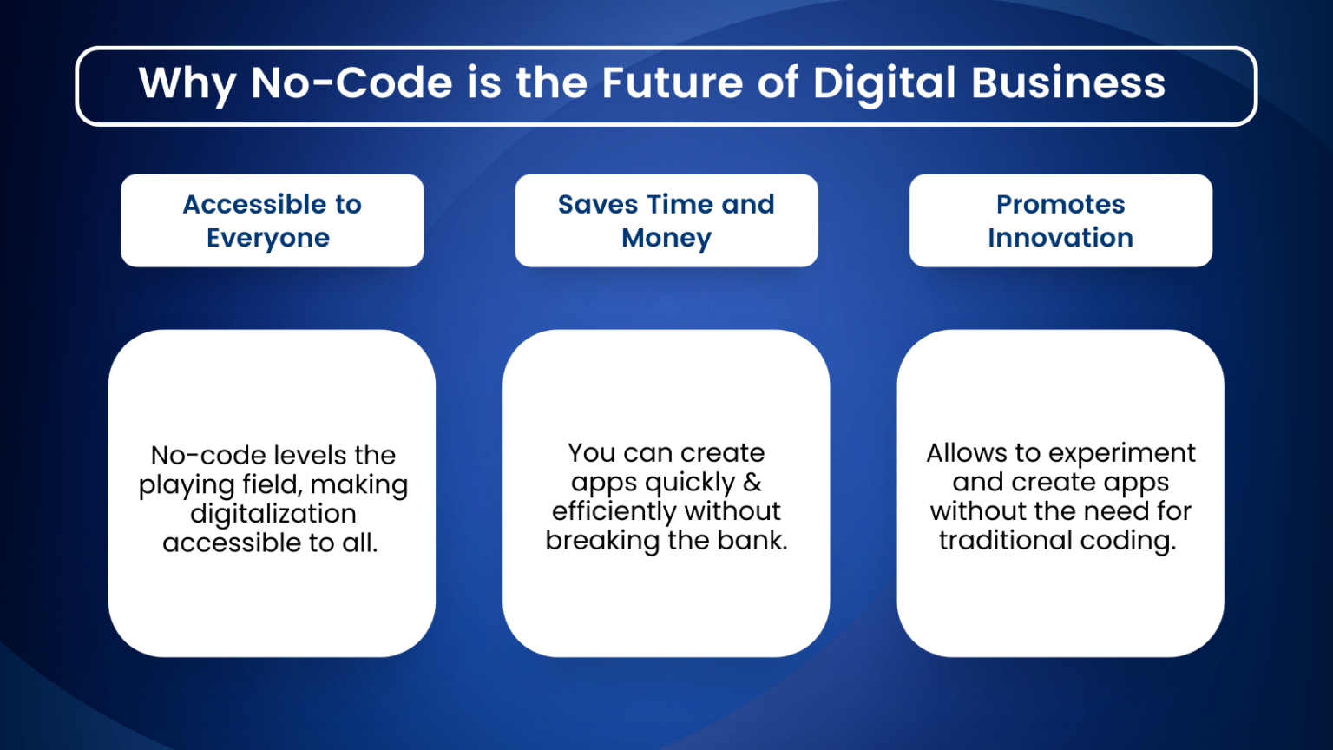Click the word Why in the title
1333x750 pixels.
coord(187,84)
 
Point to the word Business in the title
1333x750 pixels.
coord(1067,83)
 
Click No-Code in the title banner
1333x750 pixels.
coord(351,83)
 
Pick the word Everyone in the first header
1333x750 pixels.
coord(268,238)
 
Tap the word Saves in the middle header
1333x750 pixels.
coord(598,204)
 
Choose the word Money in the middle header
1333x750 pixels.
coord(666,238)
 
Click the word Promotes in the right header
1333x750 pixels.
coord(1060,204)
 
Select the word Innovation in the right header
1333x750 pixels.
coord(1060,238)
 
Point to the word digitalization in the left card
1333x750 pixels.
coord(273,514)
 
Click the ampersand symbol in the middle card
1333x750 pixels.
coord(752,482)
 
